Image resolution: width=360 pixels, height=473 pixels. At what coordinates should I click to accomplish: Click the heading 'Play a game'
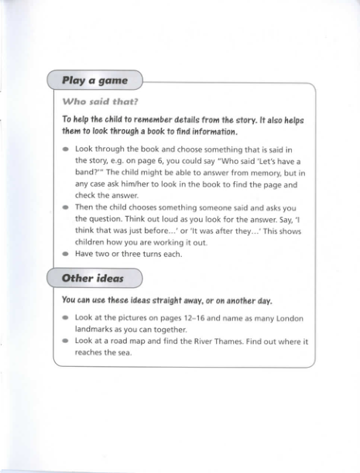[x=94, y=80]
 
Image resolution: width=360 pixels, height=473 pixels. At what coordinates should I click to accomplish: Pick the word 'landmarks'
[x=96, y=329]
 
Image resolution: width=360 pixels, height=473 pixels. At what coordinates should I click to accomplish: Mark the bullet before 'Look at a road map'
[x=67, y=341]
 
